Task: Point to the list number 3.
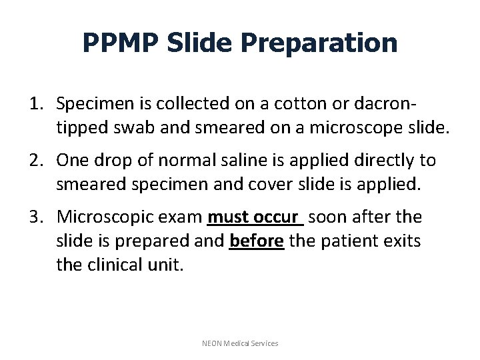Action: pos(36,217)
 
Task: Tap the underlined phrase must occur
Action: pos(255,217)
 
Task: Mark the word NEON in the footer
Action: pos(213,343)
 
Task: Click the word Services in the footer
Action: pos(263,343)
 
